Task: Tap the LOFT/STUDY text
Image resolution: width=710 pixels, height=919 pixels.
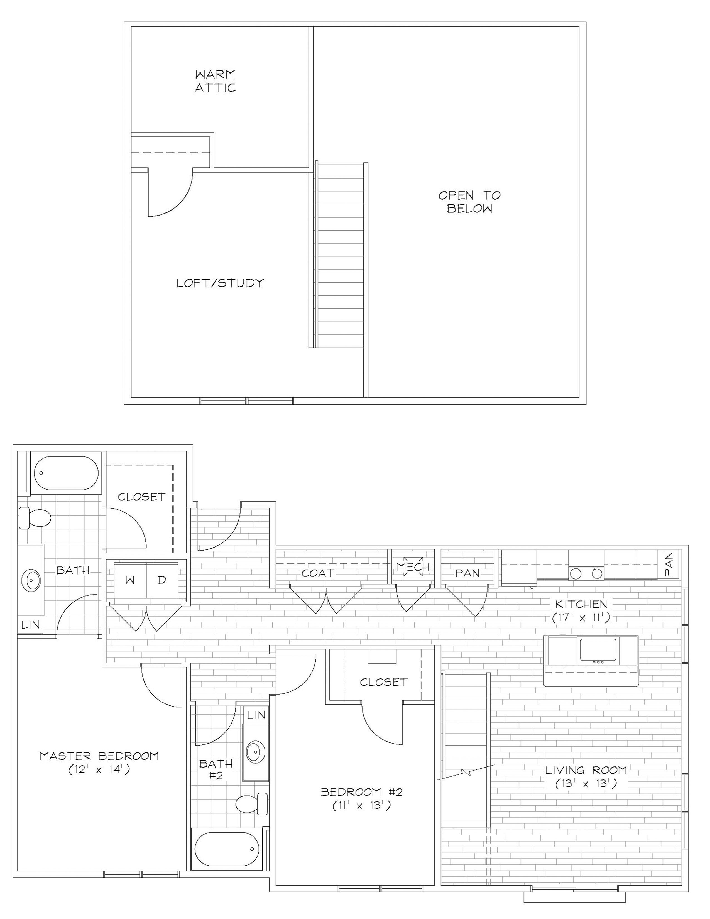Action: tap(220, 283)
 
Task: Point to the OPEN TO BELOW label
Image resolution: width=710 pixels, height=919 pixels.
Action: tap(470, 202)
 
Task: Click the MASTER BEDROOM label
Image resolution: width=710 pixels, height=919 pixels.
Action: tap(99, 756)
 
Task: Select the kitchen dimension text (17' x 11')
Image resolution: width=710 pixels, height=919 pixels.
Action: tap(581, 617)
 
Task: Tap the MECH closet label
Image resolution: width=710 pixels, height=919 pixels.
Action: tap(413, 567)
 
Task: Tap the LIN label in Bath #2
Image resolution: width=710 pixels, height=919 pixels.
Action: tap(256, 715)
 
